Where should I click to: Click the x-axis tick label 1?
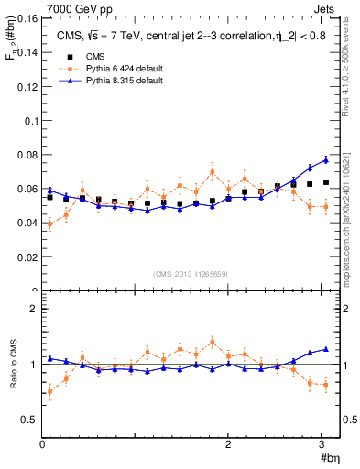135,445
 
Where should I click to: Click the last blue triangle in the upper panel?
325,160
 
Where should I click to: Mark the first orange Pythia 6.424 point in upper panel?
49,224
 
